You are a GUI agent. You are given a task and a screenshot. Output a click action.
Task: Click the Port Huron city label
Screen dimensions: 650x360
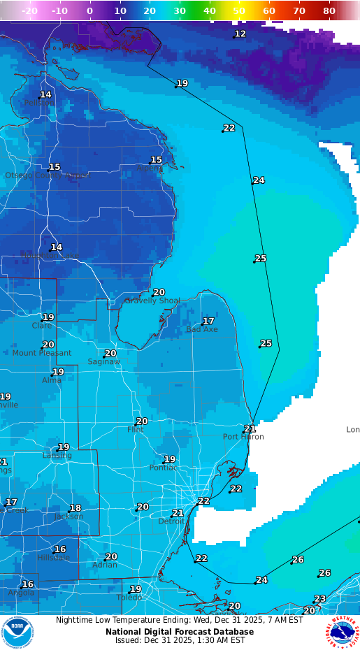(x=243, y=437)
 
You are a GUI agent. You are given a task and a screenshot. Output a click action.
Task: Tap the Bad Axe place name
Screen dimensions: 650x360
(x=201, y=329)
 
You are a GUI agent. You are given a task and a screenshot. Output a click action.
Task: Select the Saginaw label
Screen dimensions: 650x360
(x=103, y=361)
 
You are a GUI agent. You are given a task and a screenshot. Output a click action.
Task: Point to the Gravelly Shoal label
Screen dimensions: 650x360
(x=152, y=301)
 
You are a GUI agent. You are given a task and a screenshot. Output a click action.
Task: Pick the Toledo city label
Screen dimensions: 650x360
(x=129, y=598)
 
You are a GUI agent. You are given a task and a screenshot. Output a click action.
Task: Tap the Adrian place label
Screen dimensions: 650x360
(x=105, y=565)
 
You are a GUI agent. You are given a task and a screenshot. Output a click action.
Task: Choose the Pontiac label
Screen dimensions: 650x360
(x=163, y=468)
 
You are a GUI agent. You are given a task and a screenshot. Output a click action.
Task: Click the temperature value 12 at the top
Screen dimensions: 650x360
(x=240, y=34)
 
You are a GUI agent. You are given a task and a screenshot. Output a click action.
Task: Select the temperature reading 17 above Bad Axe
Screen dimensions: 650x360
(x=208, y=321)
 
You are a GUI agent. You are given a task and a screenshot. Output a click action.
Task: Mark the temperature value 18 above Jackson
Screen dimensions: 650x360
(x=75, y=508)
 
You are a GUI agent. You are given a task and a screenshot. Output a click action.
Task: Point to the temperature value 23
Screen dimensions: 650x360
(x=319, y=599)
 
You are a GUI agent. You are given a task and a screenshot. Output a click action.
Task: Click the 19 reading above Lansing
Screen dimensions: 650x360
(x=64, y=447)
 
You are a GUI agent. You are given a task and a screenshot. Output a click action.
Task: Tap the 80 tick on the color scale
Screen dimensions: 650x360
(x=329, y=11)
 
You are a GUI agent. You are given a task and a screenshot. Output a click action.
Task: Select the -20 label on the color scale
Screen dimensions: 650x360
(x=29, y=11)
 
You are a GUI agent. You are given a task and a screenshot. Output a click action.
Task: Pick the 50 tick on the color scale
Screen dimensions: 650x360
(x=239, y=11)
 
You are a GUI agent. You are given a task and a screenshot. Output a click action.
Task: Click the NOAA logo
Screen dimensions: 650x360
(x=17, y=633)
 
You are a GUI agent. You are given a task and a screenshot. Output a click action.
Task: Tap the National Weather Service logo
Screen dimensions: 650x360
(x=342, y=633)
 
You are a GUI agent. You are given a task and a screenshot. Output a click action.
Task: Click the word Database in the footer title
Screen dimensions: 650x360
(x=230, y=632)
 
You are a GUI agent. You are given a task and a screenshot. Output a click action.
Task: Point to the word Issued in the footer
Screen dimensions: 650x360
(x=128, y=640)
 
